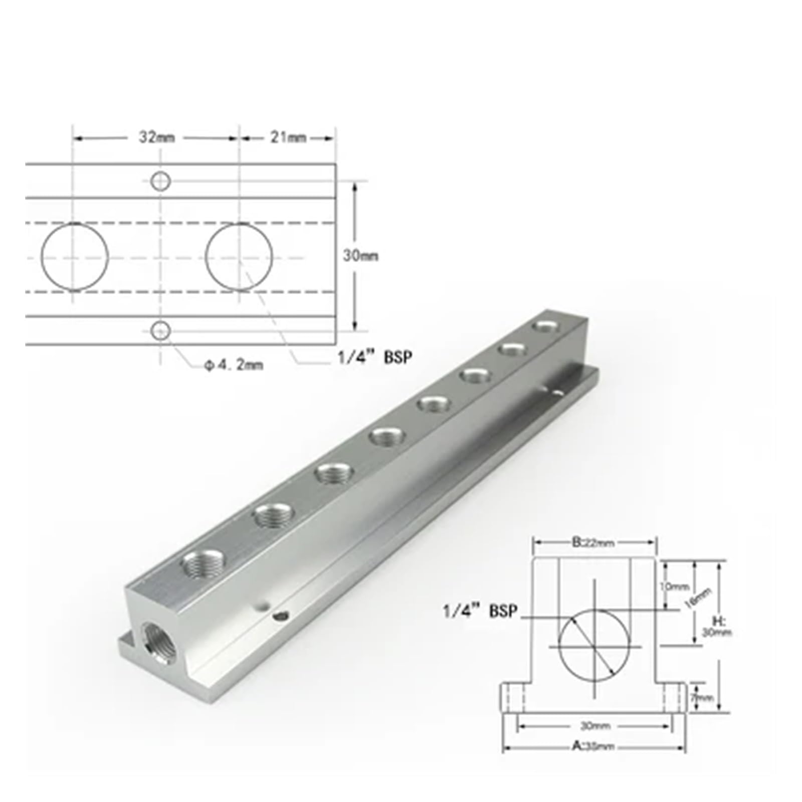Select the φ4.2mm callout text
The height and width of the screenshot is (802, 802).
click(x=233, y=365)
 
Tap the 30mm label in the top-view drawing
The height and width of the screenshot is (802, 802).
click(x=360, y=256)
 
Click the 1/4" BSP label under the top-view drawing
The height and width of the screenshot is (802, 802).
click(x=374, y=357)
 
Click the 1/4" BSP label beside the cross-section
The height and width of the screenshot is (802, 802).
click(x=479, y=612)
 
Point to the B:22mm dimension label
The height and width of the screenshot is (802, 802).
click(x=593, y=542)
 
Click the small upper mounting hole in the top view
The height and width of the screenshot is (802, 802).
click(x=161, y=181)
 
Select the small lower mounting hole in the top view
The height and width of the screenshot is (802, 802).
click(x=161, y=330)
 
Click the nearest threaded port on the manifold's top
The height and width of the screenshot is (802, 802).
click(x=203, y=564)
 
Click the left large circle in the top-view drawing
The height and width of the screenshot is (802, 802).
click(x=74, y=256)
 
